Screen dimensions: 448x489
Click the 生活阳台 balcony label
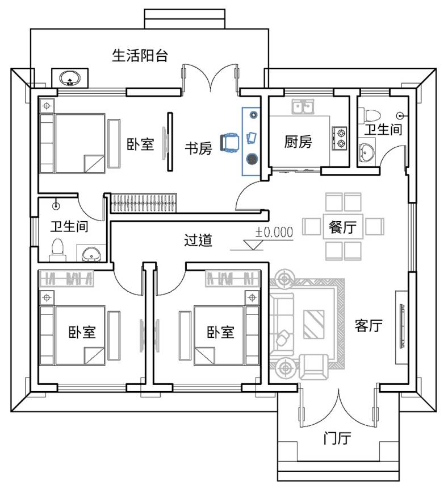click(140, 56)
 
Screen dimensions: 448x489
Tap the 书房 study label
click(198, 148)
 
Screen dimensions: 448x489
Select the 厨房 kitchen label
click(298, 142)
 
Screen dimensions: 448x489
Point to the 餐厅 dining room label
click(343, 227)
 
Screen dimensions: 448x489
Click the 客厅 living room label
click(369, 326)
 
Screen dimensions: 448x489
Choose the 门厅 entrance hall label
click(337, 438)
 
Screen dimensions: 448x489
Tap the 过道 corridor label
click(198, 240)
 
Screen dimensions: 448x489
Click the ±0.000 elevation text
click(274, 233)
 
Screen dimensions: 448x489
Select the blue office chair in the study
click(229, 142)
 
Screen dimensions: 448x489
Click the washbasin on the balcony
click(70, 78)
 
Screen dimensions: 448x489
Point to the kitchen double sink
click(303, 107)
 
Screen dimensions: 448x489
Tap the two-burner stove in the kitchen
click(340, 138)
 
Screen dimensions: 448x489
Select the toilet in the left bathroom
click(58, 250)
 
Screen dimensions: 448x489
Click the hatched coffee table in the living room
click(314, 324)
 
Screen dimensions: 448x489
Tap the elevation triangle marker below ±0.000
click(253, 244)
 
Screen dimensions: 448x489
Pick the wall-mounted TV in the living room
click(403, 326)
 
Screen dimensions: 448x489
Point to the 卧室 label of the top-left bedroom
click(140, 144)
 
